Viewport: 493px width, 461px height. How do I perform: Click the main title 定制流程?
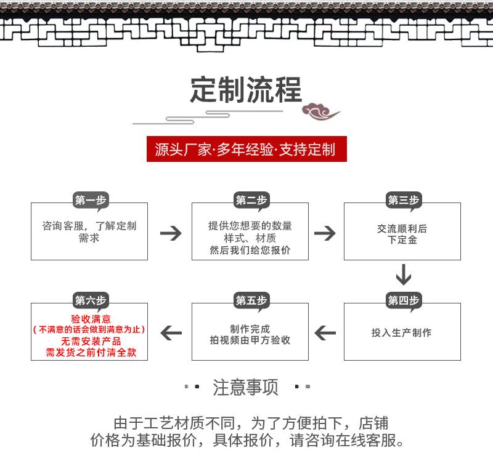tap(246, 89)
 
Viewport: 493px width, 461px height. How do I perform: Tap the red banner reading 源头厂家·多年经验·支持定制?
tap(246, 149)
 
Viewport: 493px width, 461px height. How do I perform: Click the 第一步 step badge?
tap(91, 200)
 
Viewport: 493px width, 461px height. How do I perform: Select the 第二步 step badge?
tap(251, 200)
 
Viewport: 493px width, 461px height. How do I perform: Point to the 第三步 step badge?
tap(404, 200)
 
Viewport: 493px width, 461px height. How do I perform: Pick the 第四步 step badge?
tap(404, 300)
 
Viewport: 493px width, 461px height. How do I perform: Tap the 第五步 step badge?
tap(251, 300)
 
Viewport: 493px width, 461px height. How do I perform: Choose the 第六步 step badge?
tap(91, 300)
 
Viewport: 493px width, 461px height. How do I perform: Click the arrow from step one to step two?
tap(171, 233)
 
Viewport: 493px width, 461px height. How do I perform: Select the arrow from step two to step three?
tap(325, 233)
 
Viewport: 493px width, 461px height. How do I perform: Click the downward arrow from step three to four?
tap(404, 275)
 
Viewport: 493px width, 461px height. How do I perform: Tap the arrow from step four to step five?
tap(325, 333)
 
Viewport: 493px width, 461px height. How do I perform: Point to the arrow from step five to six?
tap(171, 333)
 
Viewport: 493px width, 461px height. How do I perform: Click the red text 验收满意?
tap(91, 319)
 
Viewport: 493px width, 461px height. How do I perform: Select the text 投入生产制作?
tap(402, 332)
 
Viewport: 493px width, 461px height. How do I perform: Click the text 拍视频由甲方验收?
tap(250, 340)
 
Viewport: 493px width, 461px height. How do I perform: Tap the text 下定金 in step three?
tap(402, 240)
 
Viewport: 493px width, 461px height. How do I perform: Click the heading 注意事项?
tap(245, 387)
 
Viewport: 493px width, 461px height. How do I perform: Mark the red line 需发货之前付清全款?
tap(91, 352)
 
